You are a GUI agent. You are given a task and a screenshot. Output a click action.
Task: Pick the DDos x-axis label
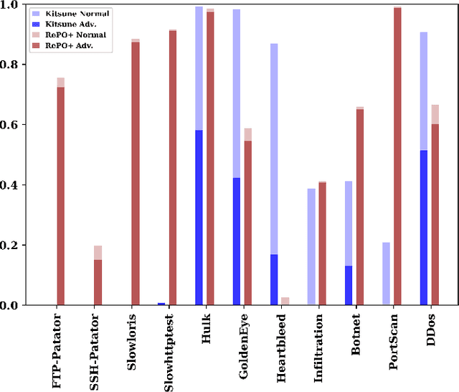coord(430,333)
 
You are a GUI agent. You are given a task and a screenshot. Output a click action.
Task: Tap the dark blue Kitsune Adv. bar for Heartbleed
coord(274,280)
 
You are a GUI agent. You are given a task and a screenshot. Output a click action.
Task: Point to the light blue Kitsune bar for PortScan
coord(386,274)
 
